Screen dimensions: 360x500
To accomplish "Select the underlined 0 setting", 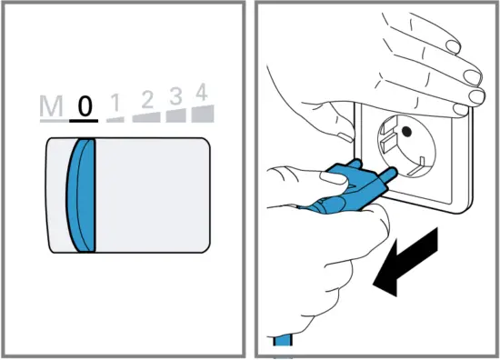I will click(85, 106).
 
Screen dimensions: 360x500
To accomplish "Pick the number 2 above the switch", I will click(143, 99).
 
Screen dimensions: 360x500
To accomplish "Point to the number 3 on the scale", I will click(175, 95).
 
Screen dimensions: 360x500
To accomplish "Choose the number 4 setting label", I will click(202, 91).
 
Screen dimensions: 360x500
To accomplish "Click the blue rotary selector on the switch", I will click(83, 195).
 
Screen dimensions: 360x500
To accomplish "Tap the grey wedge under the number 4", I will click(204, 112).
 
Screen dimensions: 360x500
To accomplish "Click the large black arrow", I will click(407, 265).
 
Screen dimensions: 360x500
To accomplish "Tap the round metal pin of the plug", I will click(387, 171).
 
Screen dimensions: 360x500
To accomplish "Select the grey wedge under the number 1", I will click(116, 118).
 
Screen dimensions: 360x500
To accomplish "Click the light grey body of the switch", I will click(155, 195).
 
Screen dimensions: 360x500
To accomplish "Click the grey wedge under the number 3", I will click(175, 115).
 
